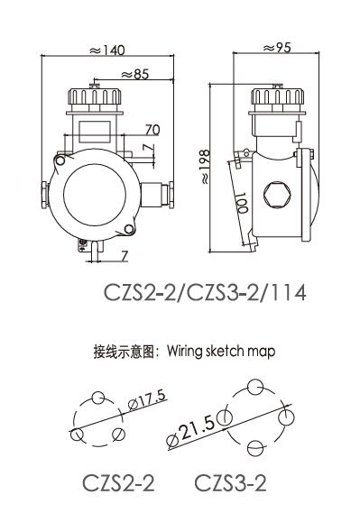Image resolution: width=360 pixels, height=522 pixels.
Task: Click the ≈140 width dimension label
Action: (x=106, y=50)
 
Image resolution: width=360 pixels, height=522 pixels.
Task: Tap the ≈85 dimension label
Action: (x=134, y=74)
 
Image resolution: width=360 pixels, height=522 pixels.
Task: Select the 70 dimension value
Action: (x=152, y=130)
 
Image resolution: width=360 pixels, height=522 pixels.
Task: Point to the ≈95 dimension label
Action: (x=277, y=48)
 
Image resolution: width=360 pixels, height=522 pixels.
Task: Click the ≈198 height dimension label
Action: (x=205, y=167)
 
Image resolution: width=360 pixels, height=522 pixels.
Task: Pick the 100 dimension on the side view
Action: (x=241, y=203)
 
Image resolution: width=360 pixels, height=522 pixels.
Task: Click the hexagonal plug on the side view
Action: (x=277, y=195)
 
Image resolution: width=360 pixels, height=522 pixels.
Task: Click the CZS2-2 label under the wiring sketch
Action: (x=118, y=483)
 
